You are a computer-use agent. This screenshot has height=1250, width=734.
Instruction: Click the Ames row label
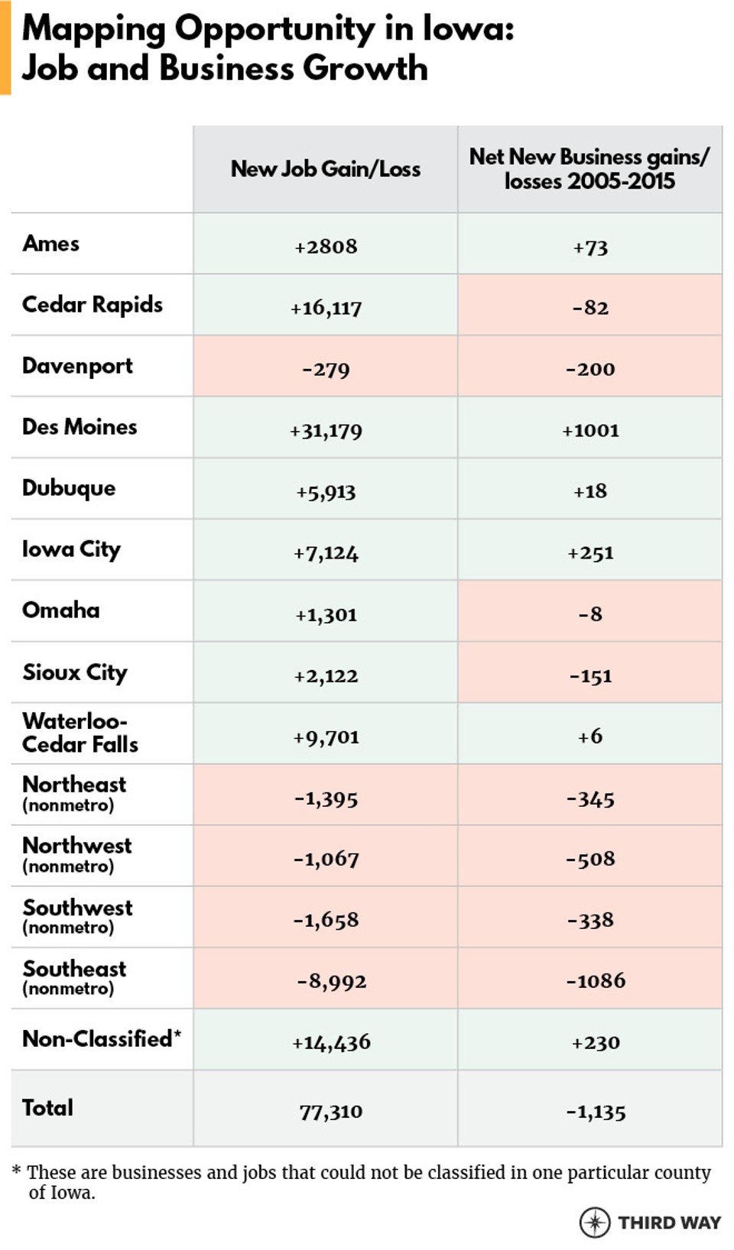pos(51,244)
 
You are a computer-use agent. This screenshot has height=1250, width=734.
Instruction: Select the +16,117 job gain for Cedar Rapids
pos(326,308)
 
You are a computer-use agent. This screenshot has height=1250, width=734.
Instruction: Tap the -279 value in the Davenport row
pos(326,369)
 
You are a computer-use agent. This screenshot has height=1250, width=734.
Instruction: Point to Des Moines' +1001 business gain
pos(590,430)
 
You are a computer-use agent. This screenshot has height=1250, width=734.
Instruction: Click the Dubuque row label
pos(69,488)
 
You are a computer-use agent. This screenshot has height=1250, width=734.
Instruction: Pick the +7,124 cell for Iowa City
pos(326,552)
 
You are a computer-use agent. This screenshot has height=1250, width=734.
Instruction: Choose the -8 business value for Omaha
pos(590,614)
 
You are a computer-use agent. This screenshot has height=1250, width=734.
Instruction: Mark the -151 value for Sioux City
pos(590,675)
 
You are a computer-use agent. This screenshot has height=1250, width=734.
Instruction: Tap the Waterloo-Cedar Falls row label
pos(80,733)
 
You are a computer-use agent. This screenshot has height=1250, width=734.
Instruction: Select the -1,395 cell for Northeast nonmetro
pos(326,798)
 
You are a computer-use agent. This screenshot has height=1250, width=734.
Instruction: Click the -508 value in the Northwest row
pos(590,859)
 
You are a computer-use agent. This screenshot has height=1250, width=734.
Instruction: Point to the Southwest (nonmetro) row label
pos(77,916)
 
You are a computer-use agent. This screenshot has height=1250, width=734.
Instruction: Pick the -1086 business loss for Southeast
pos(596,980)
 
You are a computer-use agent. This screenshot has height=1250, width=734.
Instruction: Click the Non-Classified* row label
pos(102,1039)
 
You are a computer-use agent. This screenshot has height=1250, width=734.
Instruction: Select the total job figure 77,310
pos(331,1112)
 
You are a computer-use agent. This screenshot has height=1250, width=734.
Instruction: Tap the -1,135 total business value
pos(596,1112)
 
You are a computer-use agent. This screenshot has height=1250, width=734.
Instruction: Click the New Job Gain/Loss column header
pos(326,169)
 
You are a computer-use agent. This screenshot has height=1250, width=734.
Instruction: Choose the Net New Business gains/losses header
pos(589,169)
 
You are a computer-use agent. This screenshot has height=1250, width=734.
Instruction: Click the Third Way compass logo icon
pos(595,1222)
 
